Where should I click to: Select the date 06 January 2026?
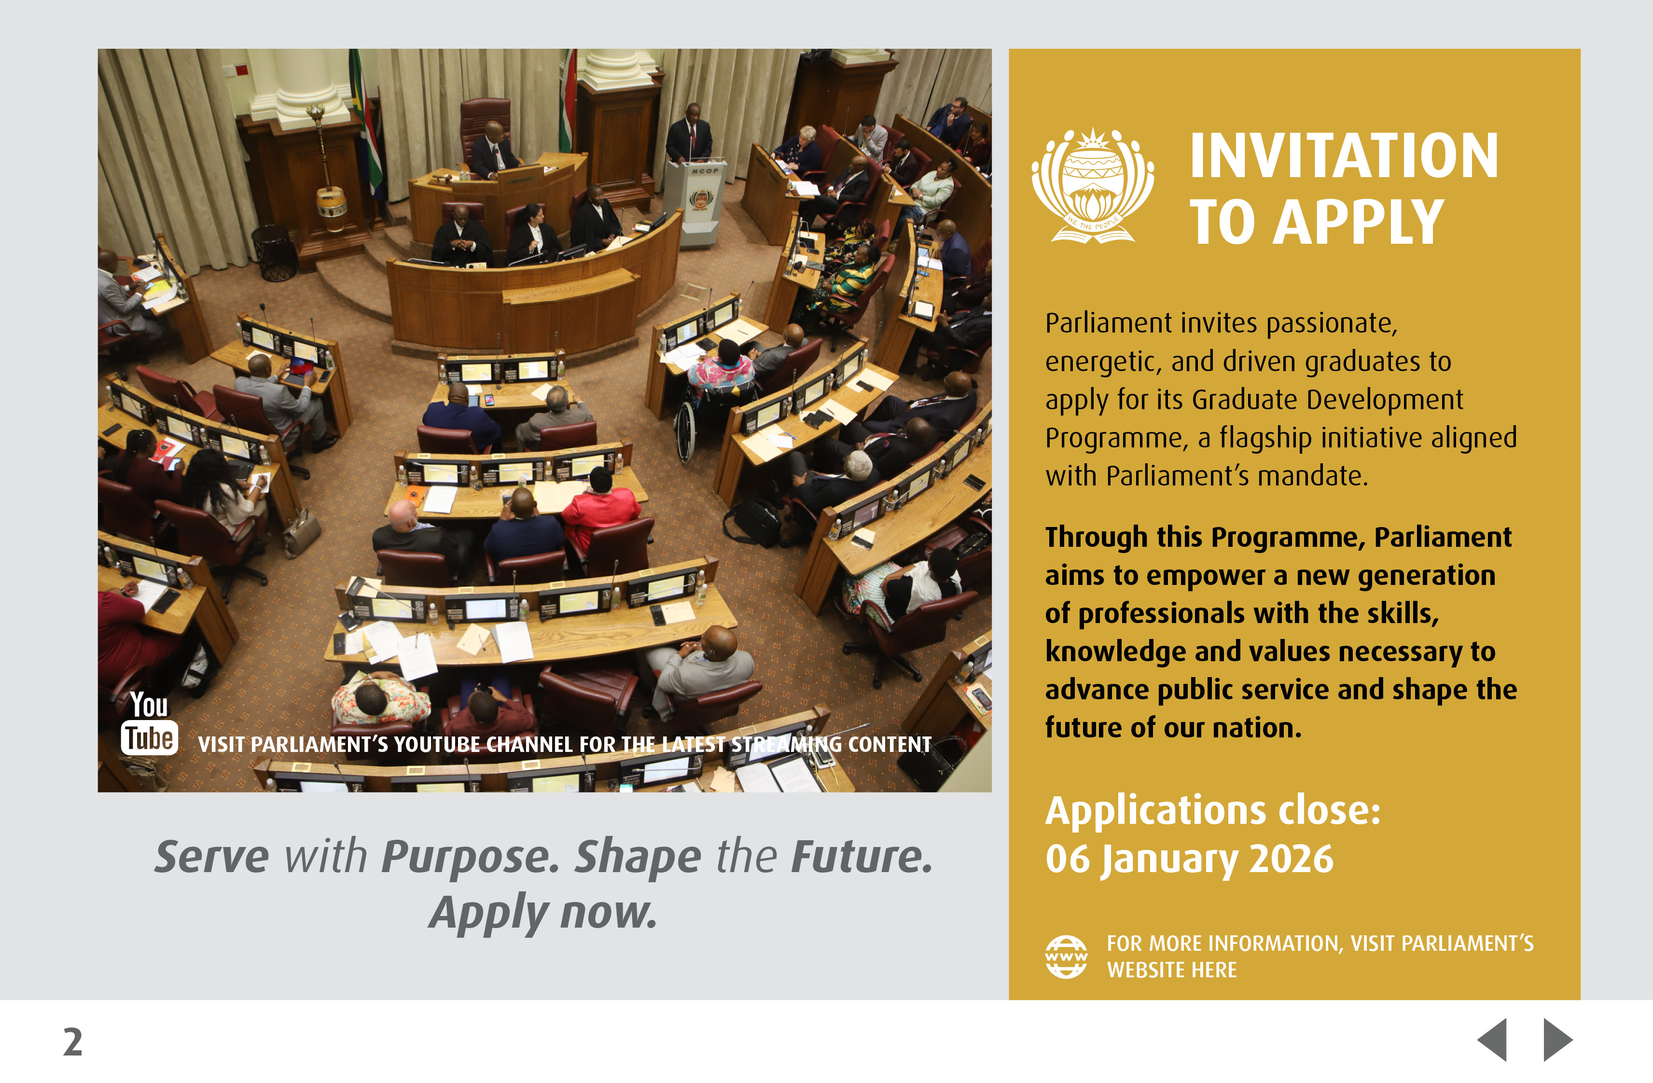point(1189,860)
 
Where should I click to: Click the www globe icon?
point(1066,957)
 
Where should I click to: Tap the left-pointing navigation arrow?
point(1493,1040)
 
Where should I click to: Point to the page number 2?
point(73,1042)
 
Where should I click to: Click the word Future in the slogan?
point(861,857)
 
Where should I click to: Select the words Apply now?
point(542,913)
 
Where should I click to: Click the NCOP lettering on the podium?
point(705,171)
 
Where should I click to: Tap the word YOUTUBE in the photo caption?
point(438,745)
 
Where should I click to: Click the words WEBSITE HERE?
point(1172,970)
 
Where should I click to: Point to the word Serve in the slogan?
point(212,857)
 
